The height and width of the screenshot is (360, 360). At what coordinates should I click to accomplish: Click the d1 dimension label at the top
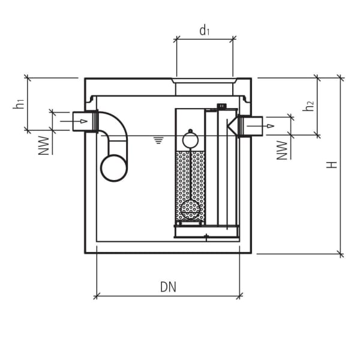205,31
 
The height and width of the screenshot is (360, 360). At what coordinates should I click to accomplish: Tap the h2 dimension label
309,106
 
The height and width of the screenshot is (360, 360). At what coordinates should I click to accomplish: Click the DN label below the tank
169,287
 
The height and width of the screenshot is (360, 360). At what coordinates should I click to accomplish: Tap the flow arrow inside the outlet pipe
269,126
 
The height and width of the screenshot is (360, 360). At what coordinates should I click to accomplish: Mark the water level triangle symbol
158,140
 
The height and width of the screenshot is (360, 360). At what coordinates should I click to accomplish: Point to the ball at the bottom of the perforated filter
190,209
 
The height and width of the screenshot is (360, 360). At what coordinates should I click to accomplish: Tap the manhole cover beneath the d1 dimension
205,80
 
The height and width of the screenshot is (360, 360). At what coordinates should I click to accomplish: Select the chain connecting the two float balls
190,174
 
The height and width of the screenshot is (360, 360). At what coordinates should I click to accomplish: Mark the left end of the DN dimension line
96,295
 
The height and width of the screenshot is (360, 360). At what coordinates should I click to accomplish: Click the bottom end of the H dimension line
340,254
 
